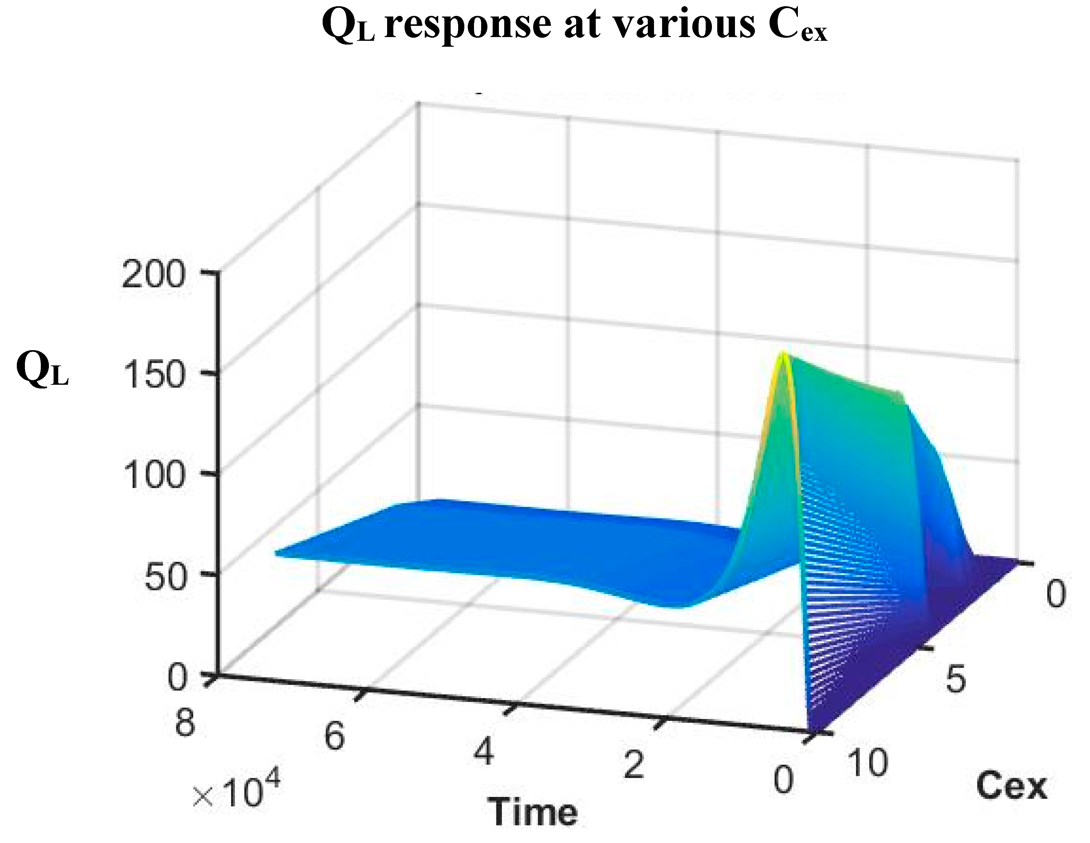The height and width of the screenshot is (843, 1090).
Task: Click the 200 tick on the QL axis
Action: (x=152, y=275)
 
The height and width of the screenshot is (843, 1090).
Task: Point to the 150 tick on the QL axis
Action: (x=152, y=375)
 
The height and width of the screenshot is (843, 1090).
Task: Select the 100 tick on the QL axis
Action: (x=152, y=475)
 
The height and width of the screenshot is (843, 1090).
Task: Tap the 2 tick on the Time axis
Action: (x=633, y=765)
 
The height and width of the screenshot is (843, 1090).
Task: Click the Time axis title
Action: (x=533, y=812)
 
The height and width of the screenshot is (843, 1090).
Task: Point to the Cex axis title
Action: (x=1011, y=786)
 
